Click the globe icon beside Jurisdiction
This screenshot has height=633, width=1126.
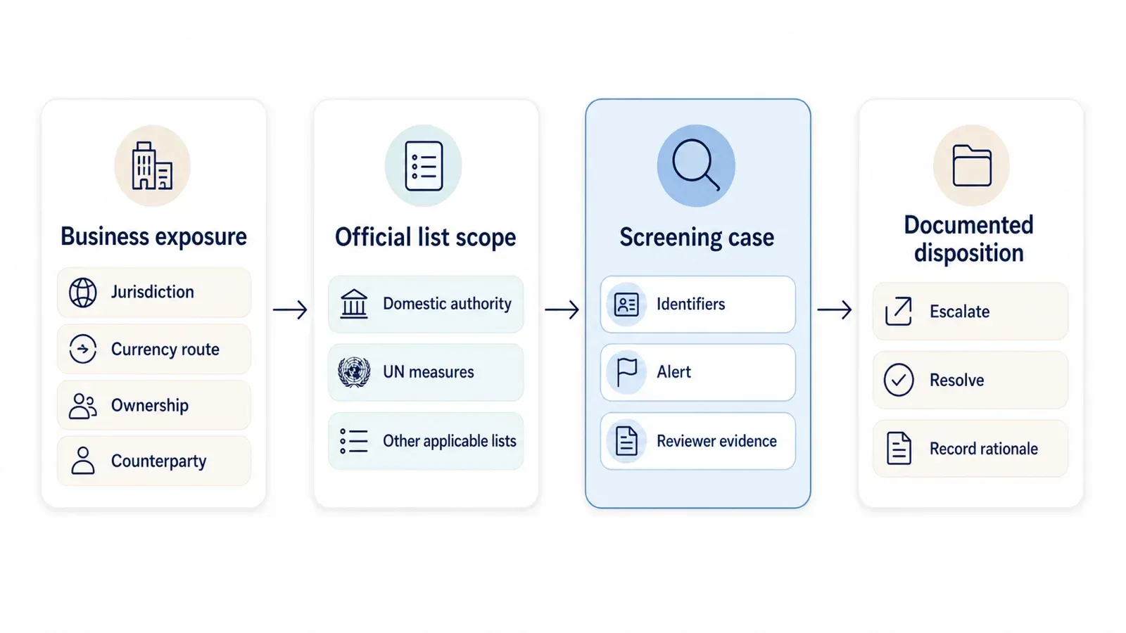coord(83,293)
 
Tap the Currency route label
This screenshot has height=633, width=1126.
coord(165,349)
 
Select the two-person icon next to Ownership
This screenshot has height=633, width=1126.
coord(83,406)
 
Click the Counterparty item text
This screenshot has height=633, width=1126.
coord(158,461)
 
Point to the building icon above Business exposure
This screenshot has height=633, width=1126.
coord(152,166)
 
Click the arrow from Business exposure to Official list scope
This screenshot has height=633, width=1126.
coord(290,309)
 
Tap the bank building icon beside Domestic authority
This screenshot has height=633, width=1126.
coord(354,304)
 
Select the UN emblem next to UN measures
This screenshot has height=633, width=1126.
coord(355,372)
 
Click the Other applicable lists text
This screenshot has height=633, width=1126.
coord(450,441)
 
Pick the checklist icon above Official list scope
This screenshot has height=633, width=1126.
coord(424,166)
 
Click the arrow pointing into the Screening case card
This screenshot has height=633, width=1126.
coord(562,309)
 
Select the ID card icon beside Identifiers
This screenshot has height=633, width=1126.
coord(626,305)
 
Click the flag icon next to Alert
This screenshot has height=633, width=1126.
coord(627,372)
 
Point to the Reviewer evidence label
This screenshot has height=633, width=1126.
coord(717,441)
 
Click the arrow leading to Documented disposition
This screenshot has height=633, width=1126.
coord(835,309)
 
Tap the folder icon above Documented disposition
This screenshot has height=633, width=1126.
coord(972,166)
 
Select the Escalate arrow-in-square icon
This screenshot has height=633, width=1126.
coord(898,312)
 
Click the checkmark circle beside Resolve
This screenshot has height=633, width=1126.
coord(899,380)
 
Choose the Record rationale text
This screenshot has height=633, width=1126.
coord(984,449)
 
